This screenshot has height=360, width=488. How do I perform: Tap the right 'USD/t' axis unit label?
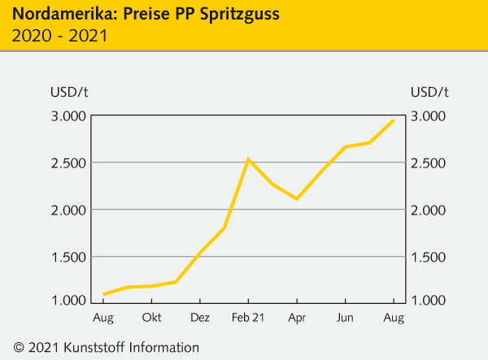(430, 90)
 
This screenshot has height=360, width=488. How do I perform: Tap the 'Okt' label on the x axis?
(152, 317)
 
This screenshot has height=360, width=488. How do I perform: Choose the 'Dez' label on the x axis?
(200, 317)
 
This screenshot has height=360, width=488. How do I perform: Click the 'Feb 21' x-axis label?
(248, 317)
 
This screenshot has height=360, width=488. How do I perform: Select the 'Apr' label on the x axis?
(297, 317)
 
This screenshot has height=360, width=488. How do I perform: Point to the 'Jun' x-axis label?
(346, 317)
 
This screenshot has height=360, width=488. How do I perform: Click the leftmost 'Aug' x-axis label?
(103, 317)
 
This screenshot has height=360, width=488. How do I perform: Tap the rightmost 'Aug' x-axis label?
(394, 317)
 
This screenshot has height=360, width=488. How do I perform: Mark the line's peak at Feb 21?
(248, 159)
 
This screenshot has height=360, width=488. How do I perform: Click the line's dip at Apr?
(297, 198)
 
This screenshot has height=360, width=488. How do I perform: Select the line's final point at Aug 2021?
(394, 120)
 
